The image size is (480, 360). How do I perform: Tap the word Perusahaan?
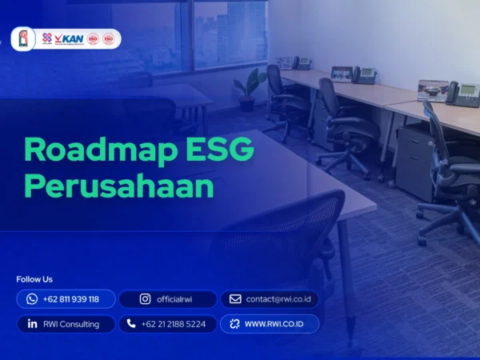click(x=119, y=186)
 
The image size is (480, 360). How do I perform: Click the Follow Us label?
click(x=34, y=279)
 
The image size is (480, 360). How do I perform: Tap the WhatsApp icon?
click(x=32, y=299)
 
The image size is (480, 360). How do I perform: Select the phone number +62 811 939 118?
click(x=71, y=299)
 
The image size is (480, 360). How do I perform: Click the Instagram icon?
click(x=145, y=299)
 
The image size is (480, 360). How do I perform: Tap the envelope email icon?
click(x=235, y=299)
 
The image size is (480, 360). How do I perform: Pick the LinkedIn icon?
click(x=32, y=324)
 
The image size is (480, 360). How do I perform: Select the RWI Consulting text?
click(x=72, y=324)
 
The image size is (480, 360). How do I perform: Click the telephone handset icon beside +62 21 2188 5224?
click(x=131, y=324)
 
